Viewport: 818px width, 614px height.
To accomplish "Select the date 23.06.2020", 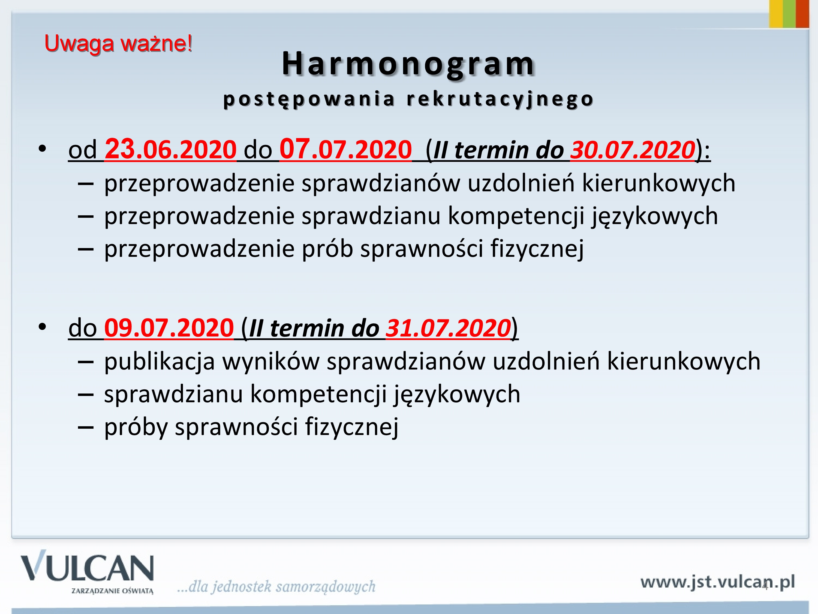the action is click(x=170, y=149).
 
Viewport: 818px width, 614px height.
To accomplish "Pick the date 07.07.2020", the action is click(x=345, y=149).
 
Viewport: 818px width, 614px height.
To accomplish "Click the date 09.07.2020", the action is click(x=169, y=328).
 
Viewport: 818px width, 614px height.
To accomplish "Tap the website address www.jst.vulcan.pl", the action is click(x=717, y=582).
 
